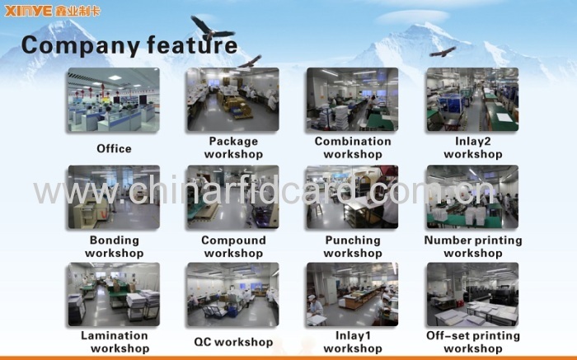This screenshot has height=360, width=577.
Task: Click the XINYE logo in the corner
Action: click(x=52, y=11)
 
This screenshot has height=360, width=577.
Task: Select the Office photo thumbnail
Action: click(x=114, y=100)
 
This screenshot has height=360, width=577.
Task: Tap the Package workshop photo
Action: click(x=233, y=100)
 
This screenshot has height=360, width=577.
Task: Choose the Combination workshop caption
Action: click(x=353, y=147)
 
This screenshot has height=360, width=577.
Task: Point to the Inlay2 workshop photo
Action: click(x=472, y=100)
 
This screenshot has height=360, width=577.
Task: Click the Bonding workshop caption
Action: click(x=114, y=246)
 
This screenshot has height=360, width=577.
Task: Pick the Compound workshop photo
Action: click(x=233, y=197)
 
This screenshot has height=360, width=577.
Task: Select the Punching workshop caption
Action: click(x=353, y=246)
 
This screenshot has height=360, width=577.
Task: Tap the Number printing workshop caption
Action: click(x=473, y=246)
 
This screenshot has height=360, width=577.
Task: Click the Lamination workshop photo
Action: click(x=114, y=294)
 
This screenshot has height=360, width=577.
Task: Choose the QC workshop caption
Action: click(x=233, y=342)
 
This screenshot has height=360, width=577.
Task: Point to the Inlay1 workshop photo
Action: click(x=352, y=294)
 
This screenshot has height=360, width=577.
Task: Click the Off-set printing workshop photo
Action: click(x=472, y=294)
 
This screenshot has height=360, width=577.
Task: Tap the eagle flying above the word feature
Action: click(x=211, y=29)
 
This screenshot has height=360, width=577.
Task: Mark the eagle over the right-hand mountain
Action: click(x=443, y=52)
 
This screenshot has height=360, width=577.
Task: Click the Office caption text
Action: click(x=114, y=148)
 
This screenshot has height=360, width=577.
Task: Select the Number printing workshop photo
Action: click(x=472, y=197)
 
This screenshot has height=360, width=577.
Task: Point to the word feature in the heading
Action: click(x=192, y=44)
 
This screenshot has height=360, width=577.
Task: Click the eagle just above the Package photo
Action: click(x=251, y=62)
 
